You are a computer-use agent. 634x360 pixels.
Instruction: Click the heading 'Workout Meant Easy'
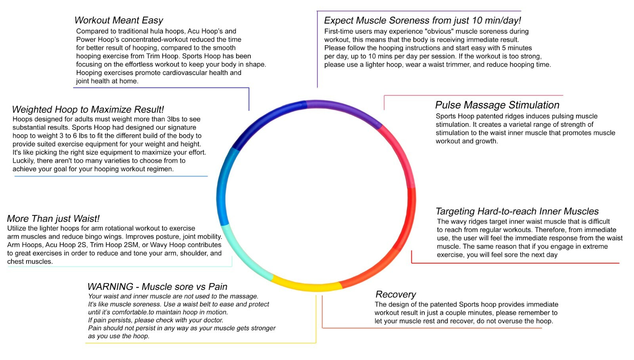118,20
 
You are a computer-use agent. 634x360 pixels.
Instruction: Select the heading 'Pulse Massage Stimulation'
497,105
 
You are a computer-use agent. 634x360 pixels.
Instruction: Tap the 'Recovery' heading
395,294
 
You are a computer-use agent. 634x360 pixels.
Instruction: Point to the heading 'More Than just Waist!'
53,219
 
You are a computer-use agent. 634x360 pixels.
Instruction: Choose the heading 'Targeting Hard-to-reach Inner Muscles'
517,211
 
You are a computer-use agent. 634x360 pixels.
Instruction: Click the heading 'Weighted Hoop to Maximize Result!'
88,110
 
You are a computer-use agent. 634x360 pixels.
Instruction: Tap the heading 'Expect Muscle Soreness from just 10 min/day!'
422,21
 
